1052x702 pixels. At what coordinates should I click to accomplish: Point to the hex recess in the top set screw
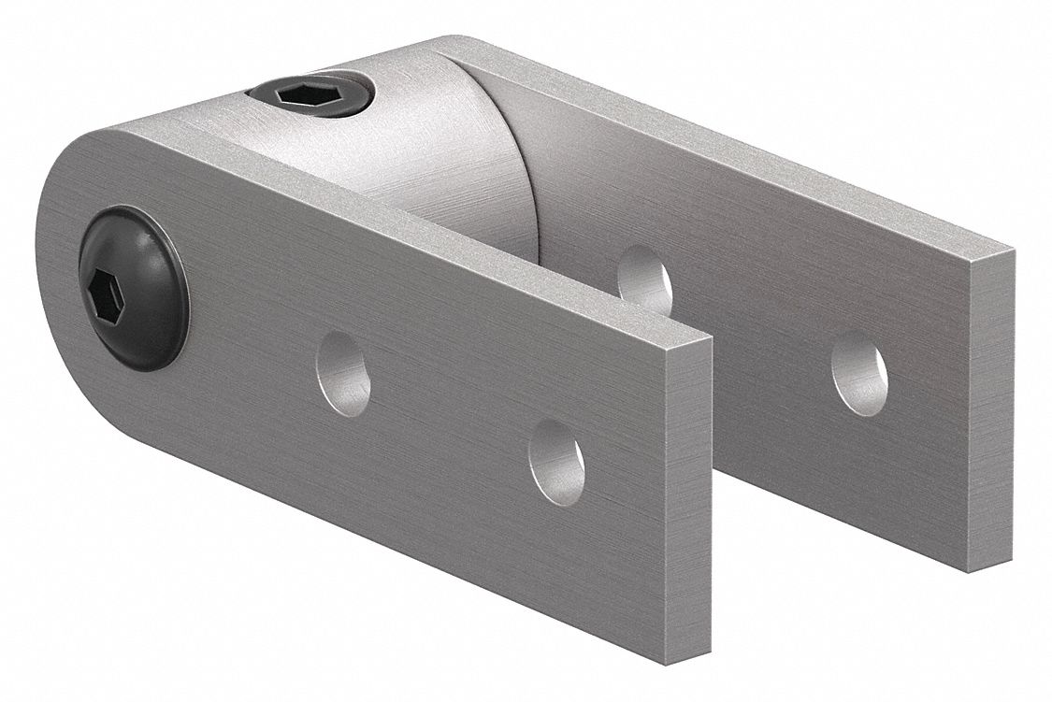pyautogui.click(x=297, y=94)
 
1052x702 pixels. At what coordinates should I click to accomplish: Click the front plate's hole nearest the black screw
pyautogui.click(x=343, y=373)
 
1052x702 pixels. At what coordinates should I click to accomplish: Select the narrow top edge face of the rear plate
pyautogui.click(x=748, y=150)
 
